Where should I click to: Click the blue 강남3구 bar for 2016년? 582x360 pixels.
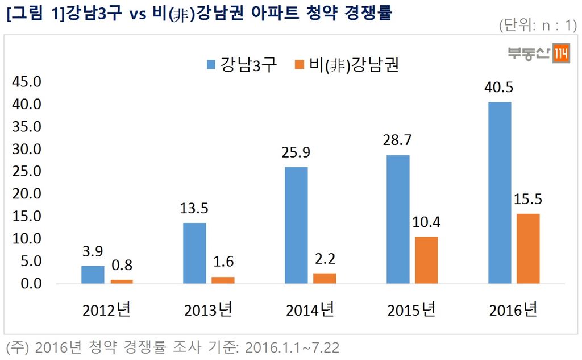[500, 193]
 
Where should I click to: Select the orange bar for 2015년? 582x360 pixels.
[426, 260]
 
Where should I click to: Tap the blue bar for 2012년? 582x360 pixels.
[93, 275]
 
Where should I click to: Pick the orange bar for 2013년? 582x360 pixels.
[223, 280]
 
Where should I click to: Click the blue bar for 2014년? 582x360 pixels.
[296, 225]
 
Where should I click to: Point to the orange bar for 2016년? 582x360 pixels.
[528, 249]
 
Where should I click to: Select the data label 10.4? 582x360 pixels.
[426, 223]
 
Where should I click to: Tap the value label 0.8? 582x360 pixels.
[121, 266]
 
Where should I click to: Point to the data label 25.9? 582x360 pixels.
[296, 154]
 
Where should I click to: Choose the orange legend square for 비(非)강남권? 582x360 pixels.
[300, 64]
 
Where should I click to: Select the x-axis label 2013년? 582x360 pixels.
[208, 311]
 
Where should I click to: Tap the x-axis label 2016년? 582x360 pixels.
[513, 311]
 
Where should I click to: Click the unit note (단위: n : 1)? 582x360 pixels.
[537, 26]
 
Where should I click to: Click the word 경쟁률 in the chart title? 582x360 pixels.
[368, 13]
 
